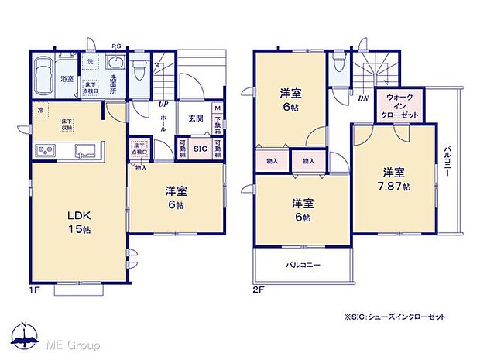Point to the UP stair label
tap(163, 104)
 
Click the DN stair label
tap(362, 98)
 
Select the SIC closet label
tap(198, 148)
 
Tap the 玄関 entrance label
tap(195, 118)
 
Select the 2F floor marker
tap(259, 289)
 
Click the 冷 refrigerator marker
tap(41, 111)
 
